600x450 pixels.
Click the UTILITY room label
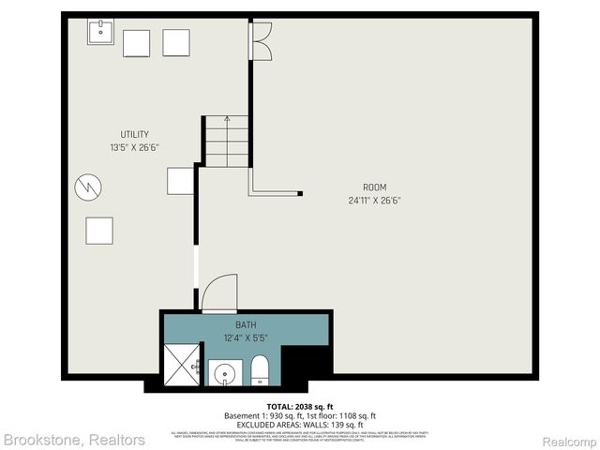127,135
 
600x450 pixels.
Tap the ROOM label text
375,187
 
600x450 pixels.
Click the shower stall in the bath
182,366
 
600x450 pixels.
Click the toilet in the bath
260,371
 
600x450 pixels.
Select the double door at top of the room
261,39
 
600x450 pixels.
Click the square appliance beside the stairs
179,180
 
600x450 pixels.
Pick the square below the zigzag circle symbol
98,231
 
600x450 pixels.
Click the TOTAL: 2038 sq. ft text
299,406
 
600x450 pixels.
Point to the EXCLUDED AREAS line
299,424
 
